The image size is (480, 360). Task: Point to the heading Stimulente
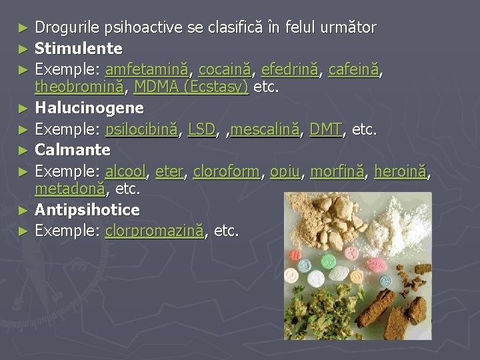click(x=79, y=49)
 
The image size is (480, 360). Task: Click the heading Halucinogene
click(x=89, y=107)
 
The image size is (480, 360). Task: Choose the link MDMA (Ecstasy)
click(x=191, y=87)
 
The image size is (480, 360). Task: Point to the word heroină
click(x=402, y=172)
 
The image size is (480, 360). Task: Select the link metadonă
click(x=69, y=189)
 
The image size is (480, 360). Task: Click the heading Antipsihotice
click(x=87, y=210)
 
